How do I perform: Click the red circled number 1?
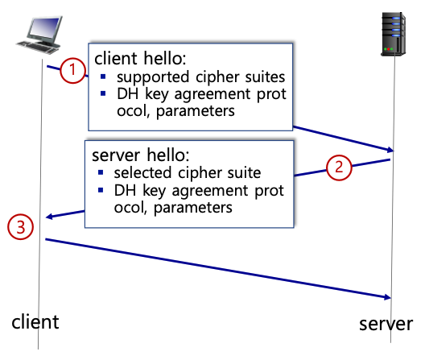(72, 70)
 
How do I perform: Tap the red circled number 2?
(339, 168)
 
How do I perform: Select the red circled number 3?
(21, 227)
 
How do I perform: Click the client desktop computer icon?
(39, 35)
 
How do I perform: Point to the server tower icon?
(394, 34)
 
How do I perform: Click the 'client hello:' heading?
(140, 58)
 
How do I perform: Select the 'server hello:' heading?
(140, 155)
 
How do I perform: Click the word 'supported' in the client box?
(153, 77)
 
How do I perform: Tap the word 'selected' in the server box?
(142, 173)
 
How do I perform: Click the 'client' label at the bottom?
(35, 322)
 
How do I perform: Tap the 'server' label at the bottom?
(386, 325)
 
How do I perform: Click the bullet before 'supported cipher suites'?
(103, 77)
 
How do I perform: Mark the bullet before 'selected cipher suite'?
(101, 172)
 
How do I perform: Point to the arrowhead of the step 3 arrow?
(388, 297)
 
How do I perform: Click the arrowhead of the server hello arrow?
(49, 217)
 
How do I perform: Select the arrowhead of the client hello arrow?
(390, 150)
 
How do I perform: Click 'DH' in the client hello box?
(128, 94)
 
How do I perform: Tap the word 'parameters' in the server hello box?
(193, 209)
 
